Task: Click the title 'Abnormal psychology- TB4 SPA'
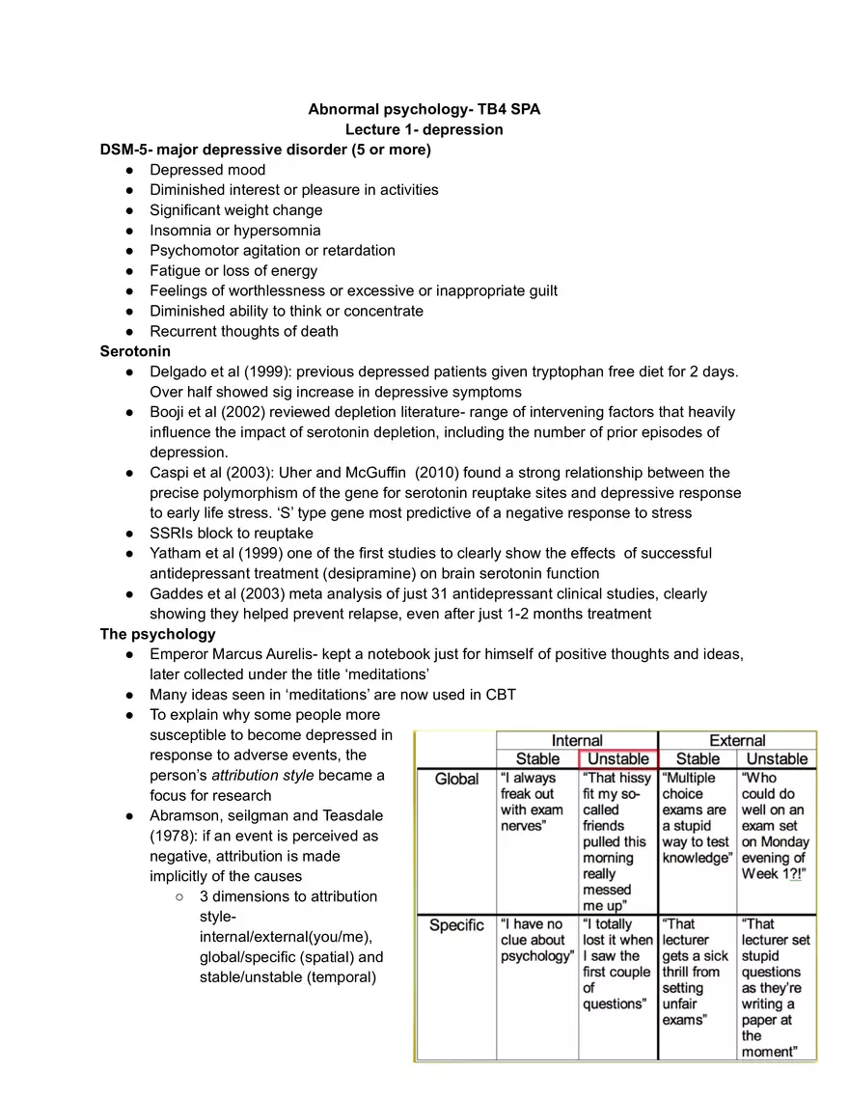point(424,109)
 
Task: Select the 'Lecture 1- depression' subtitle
point(424,129)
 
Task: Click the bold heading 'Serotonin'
point(135,351)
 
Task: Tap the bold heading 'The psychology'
point(157,634)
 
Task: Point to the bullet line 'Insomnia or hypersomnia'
point(234,230)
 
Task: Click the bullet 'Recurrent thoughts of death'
point(243,331)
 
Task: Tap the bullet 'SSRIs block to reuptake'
point(231,533)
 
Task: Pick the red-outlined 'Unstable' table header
point(617,758)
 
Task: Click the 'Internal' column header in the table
point(576,740)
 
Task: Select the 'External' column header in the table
point(737,740)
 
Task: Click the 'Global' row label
point(456,779)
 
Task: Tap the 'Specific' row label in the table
point(456,925)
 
